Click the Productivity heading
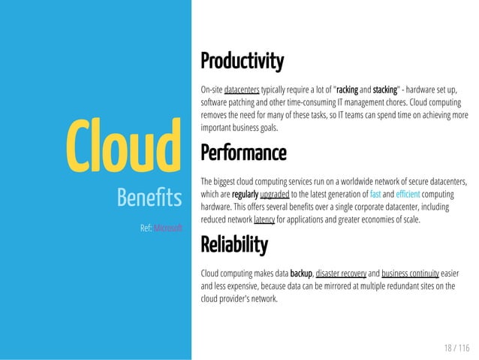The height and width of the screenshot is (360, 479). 242,59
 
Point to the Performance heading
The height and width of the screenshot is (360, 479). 243,154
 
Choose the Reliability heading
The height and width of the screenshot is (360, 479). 233,245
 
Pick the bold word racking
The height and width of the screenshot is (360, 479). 347,87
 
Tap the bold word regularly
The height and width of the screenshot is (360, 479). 245,194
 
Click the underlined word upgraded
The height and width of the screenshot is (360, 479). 274,194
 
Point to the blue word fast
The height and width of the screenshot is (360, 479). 375,194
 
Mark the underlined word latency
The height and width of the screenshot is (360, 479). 264,219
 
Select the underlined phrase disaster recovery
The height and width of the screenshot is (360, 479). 342,272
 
